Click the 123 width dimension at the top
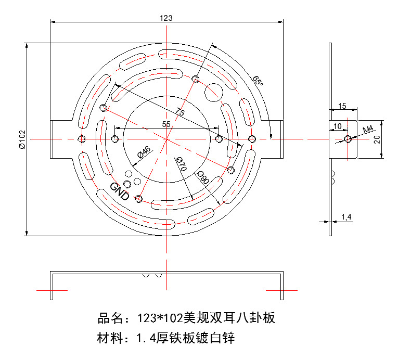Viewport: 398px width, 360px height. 166,18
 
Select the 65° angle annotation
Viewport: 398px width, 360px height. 257,81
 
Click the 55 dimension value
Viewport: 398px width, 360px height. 166,124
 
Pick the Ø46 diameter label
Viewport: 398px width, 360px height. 144,152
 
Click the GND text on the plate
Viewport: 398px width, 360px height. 120,191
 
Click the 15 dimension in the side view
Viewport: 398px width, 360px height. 342,106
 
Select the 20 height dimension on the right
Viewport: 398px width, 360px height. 390,139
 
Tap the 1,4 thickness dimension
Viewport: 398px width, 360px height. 346,216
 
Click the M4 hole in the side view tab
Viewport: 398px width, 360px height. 347,139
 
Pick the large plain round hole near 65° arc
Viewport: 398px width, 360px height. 214,93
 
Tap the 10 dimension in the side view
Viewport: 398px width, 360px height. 338,126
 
